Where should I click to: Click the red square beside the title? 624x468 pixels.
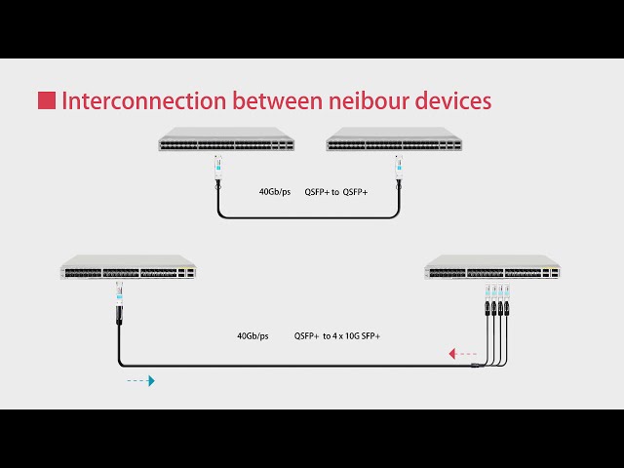click(47, 100)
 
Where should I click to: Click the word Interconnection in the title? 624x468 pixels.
click(144, 100)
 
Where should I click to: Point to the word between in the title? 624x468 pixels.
click(278, 100)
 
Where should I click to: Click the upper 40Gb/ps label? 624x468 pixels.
click(275, 192)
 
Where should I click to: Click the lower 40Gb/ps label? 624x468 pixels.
click(253, 335)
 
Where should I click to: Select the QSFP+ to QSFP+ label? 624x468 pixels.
click(336, 192)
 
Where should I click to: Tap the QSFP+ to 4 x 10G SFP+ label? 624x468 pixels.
click(337, 335)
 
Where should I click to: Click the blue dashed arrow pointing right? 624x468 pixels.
click(140, 381)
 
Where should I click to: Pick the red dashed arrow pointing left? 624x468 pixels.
click(462, 353)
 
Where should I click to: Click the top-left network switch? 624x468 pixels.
click(226, 139)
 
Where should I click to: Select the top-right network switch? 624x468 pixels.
click(394, 139)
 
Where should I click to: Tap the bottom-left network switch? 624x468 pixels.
click(128, 267)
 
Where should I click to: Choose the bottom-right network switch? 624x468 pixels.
click(492, 267)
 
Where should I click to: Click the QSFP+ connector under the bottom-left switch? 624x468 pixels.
click(119, 302)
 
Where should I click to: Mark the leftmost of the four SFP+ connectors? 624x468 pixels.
click(487, 299)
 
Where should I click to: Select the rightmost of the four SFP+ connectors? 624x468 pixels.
click(507, 299)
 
